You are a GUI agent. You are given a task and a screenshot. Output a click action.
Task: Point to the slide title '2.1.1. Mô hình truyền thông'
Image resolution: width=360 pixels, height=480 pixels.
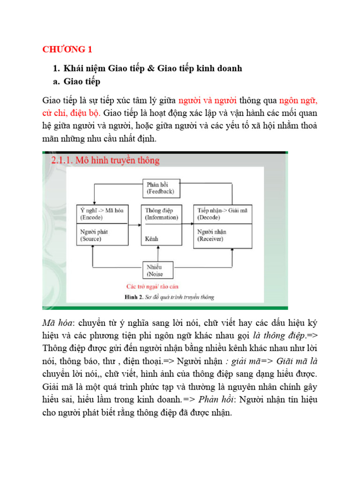[x=105, y=160]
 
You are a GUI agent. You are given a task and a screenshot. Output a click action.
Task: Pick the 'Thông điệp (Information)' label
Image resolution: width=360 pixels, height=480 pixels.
[x=161, y=214]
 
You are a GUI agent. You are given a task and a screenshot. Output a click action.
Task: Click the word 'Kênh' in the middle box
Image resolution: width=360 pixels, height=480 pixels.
[x=152, y=239]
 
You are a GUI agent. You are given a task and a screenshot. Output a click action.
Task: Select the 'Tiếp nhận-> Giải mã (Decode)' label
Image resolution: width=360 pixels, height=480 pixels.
[x=222, y=214]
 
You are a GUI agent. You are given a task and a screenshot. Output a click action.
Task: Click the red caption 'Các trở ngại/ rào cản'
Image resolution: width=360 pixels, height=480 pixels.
[x=152, y=286]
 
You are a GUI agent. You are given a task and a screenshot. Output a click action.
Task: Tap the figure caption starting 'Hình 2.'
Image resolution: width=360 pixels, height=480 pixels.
[x=169, y=297]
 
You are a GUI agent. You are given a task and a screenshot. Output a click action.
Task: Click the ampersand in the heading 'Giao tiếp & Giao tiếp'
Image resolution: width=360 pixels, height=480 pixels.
[x=150, y=68]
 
